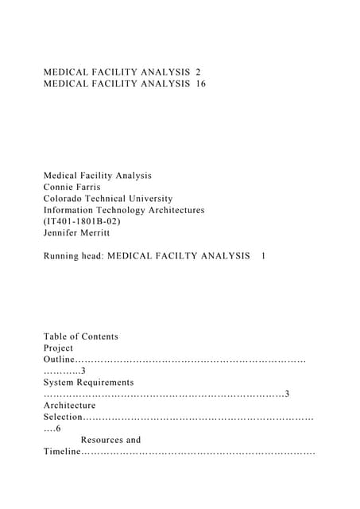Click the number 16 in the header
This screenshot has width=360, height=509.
[x=199, y=84]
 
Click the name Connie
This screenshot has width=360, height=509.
[x=60, y=187]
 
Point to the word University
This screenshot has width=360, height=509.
[x=148, y=199]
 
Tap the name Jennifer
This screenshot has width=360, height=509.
[x=63, y=233]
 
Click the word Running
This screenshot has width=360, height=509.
[x=63, y=257]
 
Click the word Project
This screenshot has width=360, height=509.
[x=59, y=348]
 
